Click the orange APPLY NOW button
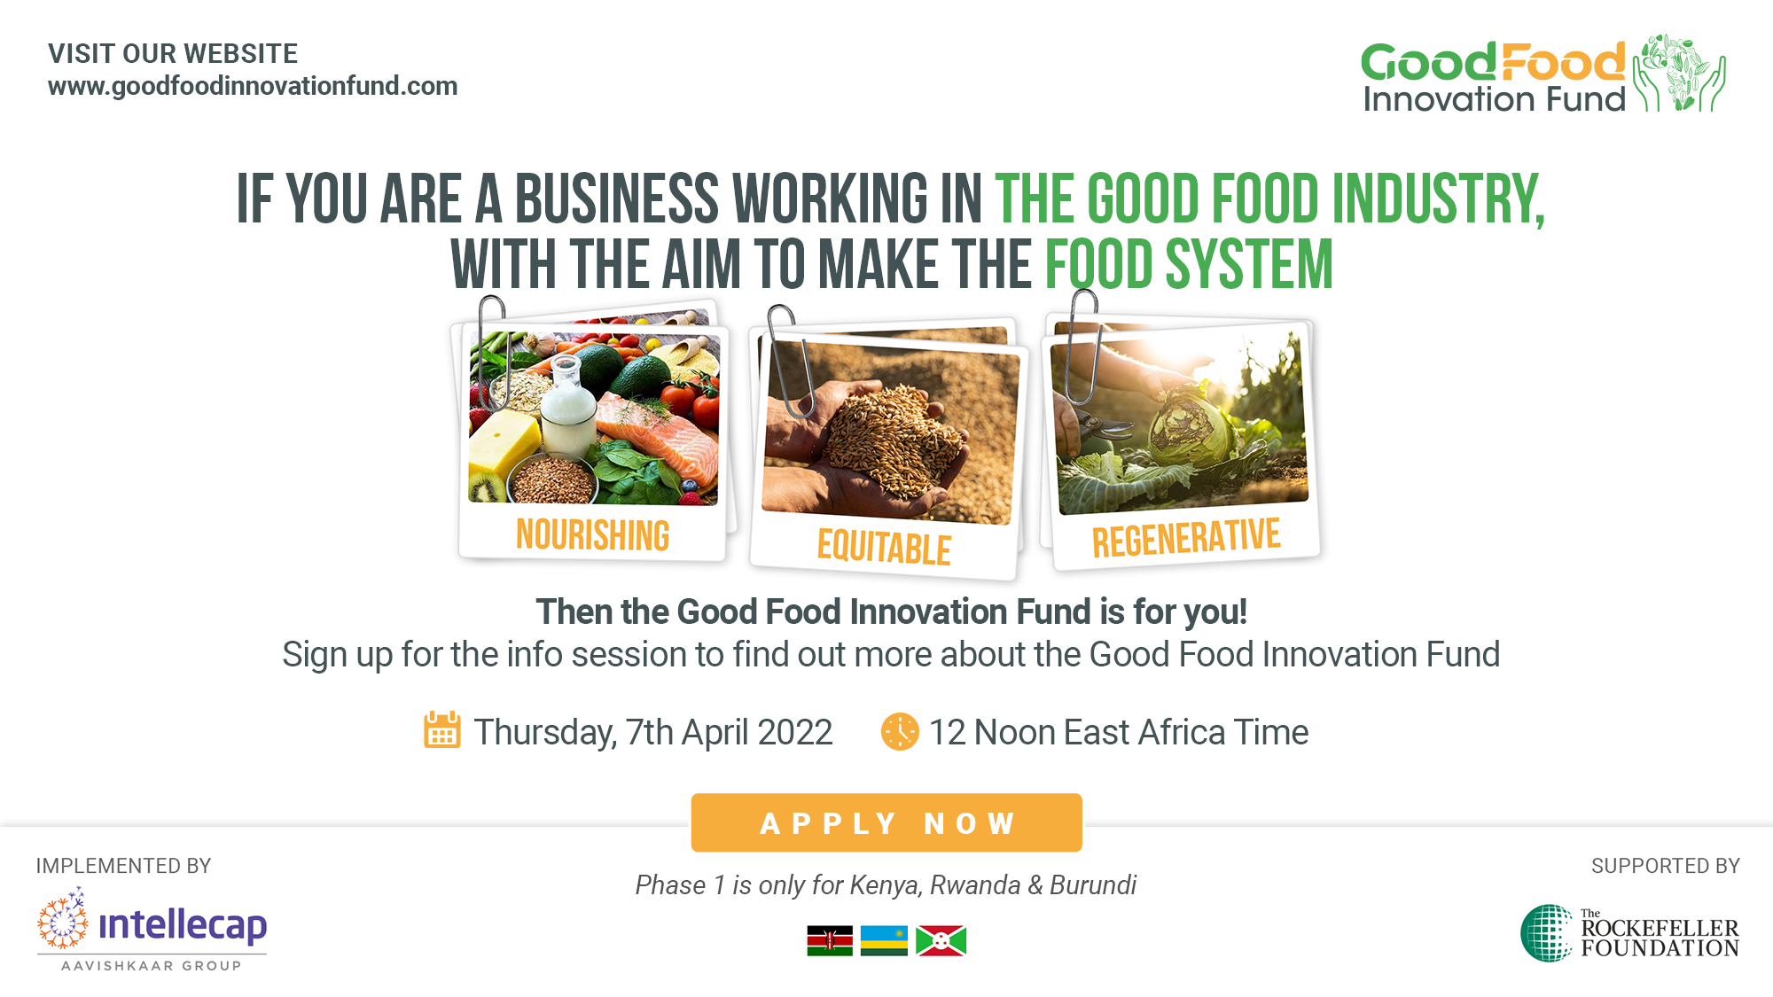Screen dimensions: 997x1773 point(886,822)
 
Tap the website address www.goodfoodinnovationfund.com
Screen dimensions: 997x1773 point(253,86)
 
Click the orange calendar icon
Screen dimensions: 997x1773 point(441,730)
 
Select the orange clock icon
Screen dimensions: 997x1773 point(899,731)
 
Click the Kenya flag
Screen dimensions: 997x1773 point(830,940)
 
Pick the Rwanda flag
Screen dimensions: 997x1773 point(884,940)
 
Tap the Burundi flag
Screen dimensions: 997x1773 point(941,940)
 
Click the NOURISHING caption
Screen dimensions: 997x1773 point(592,535)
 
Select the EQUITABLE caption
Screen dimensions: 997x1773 point(884,547)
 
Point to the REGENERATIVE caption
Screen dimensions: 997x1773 point(1186,538)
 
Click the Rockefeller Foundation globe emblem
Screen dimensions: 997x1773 point(1547,933)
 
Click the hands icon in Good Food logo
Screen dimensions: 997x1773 point(1680,74)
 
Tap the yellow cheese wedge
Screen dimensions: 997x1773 point(502,443)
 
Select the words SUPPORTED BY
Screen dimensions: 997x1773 point(1665,866)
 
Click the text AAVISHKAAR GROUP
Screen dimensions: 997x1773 point(152,965)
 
